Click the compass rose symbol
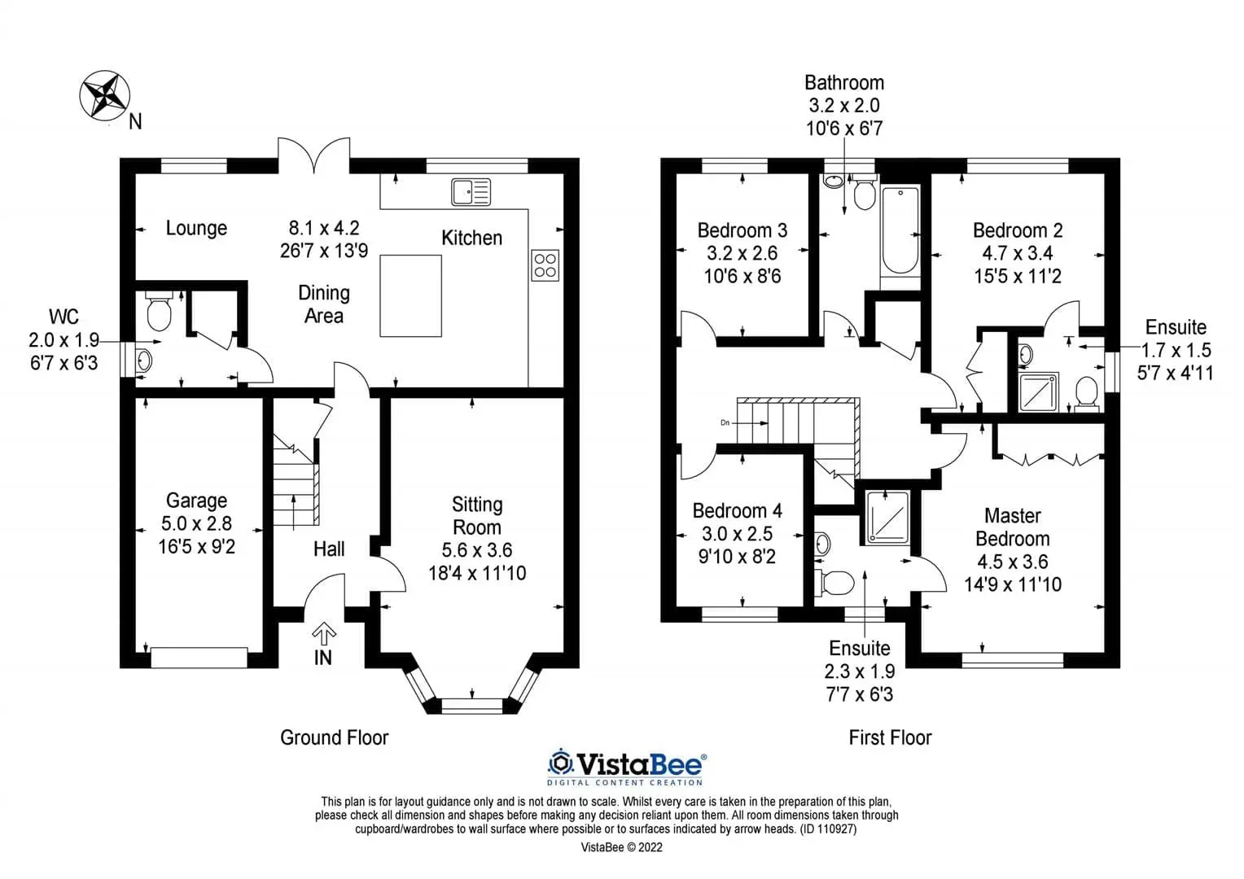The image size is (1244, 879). pos(104,95)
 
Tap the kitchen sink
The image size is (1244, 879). pos(471,192)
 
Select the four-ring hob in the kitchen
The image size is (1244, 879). pos(545,265)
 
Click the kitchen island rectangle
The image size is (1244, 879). pos(410,296)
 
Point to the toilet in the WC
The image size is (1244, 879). pos(158,311)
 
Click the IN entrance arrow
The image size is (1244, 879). pos(324,632)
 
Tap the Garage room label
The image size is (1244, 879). pos(196,501)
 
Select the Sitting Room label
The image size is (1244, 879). pos(477,515)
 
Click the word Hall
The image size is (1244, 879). pos(329,549)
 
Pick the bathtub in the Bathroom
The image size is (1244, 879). pos(900,231)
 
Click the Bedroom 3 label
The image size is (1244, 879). pos(742,230)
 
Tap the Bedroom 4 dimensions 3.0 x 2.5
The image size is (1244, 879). pos(737,534)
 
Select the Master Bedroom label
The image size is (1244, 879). pos(1013,527)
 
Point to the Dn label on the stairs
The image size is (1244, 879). pos(725,422)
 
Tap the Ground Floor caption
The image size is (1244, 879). pos(335,737)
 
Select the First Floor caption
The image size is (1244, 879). pos(890,737)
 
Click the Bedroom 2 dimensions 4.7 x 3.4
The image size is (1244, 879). pos(1018,253)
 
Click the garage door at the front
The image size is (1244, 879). pos(199,658)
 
